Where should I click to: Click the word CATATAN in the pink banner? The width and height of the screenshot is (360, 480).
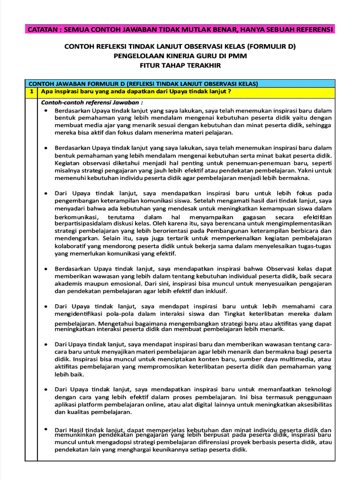(x=44, y=30)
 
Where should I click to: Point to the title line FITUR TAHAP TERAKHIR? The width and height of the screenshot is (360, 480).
(x=180, y=65)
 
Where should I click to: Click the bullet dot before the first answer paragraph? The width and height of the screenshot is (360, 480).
(x=45, y=110)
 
